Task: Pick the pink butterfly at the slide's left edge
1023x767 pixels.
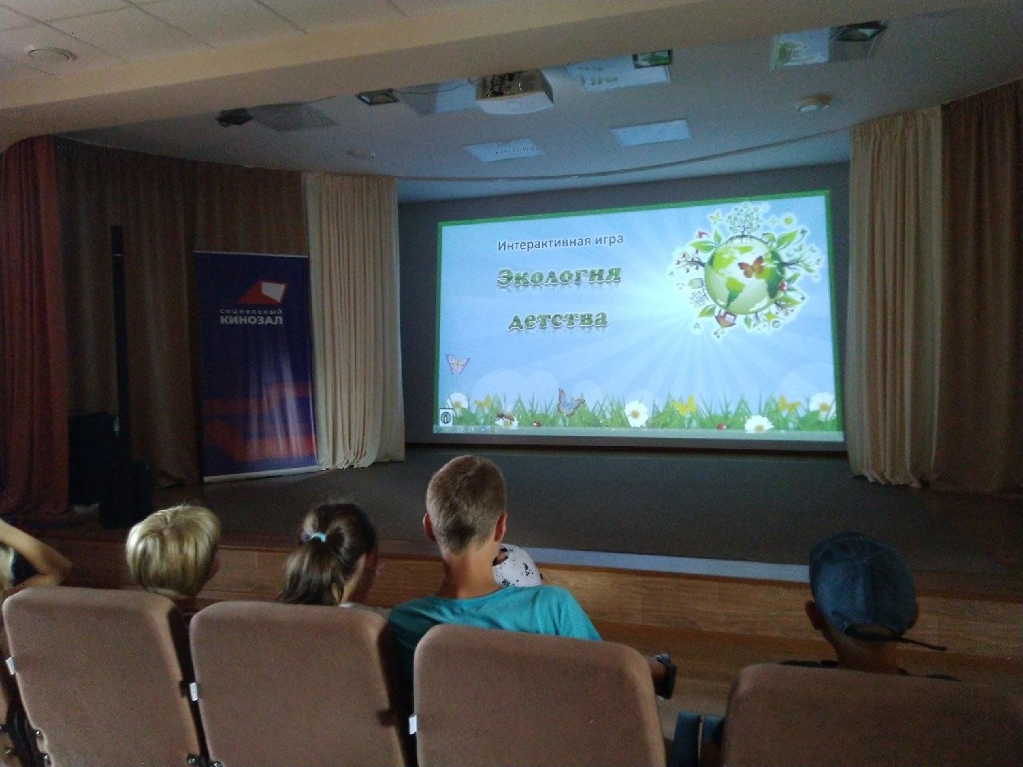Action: [x=457, y=362]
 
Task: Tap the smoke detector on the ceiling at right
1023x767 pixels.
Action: [x=813, y=104]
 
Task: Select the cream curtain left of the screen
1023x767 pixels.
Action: [x=354, y=322]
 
